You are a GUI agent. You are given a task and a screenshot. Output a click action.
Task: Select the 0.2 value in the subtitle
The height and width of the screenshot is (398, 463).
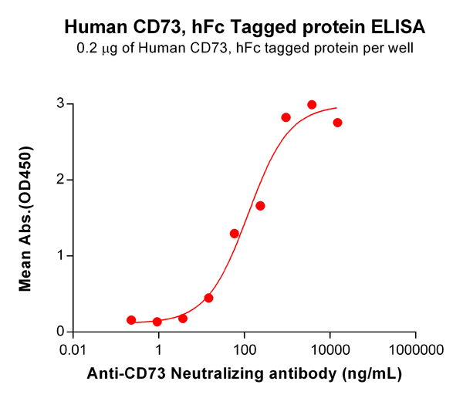tap(86, 50)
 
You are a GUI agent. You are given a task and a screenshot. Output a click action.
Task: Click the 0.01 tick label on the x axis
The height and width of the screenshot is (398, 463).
tap(73, 349)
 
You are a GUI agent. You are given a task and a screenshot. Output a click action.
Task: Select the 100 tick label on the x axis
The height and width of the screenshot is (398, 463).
tap(244, 349)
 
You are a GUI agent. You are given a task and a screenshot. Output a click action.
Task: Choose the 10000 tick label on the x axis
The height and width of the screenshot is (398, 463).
tap(330, 349)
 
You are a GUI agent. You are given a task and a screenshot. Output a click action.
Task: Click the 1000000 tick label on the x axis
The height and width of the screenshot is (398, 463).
tap(416, 349)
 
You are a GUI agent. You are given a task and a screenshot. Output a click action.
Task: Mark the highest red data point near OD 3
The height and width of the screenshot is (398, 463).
tap(312, 105)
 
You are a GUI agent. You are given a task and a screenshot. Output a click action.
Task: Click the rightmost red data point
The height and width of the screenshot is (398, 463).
tap(337, 123)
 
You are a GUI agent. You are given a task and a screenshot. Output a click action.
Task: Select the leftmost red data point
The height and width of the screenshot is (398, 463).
tap(131, 320)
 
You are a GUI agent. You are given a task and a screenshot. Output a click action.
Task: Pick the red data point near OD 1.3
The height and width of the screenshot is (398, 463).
tap(235, 233)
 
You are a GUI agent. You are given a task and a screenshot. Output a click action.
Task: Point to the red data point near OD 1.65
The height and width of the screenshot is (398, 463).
tap(260, 206)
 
